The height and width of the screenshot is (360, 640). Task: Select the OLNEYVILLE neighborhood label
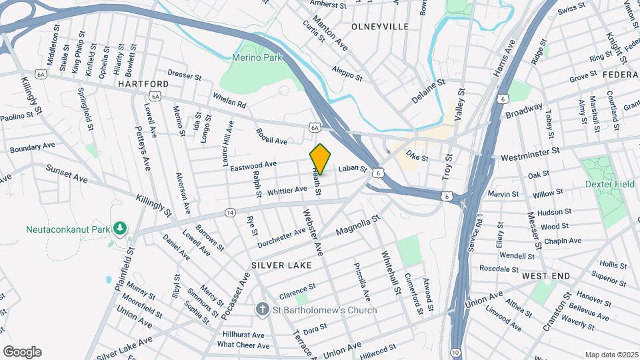(x=379, y=27)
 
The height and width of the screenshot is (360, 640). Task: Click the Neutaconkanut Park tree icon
(x=120, y=229)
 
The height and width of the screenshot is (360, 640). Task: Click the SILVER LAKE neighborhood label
(x=281, y=265)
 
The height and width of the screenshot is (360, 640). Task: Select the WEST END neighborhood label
(x=546, y=276)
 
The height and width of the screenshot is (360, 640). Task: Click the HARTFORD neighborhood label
(x=143, y=84)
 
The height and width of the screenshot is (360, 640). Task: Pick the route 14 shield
(x=230, y=212)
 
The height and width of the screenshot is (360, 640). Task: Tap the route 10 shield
(x=455, y=351)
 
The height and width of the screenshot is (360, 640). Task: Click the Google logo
(x=22, y=352)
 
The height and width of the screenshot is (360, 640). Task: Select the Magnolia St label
(x=357, y=225)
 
